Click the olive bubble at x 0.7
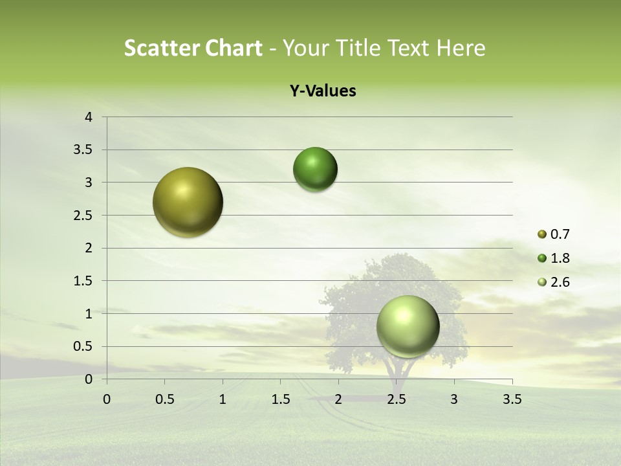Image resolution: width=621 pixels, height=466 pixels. tap(188, 202)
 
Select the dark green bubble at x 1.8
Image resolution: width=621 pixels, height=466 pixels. tap(315, 169)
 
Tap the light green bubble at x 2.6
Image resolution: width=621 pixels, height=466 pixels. tap(408, 326)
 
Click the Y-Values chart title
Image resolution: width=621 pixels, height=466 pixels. tap(323, 91)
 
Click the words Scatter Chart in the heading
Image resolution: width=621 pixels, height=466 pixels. tap(193, 48)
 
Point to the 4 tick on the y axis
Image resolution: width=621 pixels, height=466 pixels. tap(89, 117)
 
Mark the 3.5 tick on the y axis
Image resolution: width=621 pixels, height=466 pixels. tap(83, 150)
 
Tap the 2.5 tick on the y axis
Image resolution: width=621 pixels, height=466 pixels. tap(83, 216)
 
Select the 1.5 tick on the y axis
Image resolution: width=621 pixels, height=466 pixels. tap(83, 281)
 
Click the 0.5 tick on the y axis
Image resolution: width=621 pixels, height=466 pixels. tap(83, 346)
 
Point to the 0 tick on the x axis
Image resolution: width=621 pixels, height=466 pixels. tap(107, 399)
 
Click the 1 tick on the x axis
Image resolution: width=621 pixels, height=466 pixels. tap(223, 399)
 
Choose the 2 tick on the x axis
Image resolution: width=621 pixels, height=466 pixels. tap(338, 399)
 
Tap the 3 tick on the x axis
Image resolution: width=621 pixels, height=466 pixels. tap(454, 399)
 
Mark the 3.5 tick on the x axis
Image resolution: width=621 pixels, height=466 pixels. tap(512, 399)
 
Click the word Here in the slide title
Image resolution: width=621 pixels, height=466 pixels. tap(460, 48)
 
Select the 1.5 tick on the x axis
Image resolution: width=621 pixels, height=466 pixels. tap(280, 399)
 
